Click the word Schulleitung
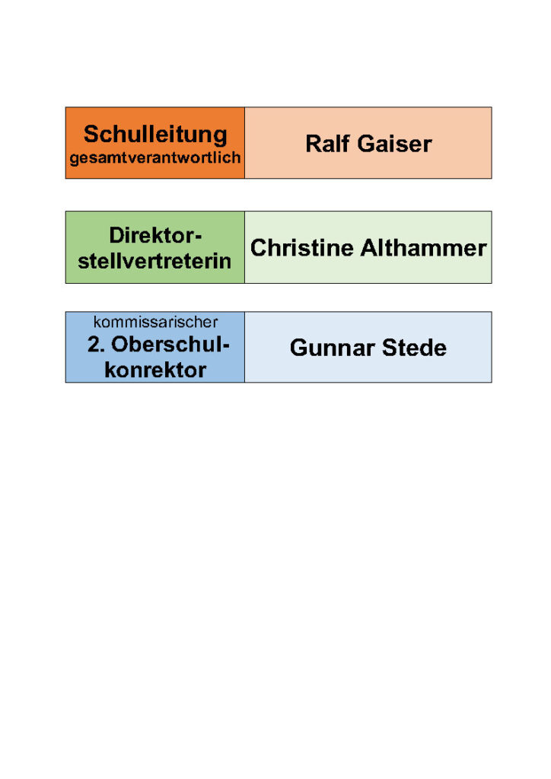[x=155, y=135]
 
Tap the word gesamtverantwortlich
[x=155, y=158]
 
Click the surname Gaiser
[x=394, y=144]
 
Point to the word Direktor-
[x=155, y=236]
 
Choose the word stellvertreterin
[x=154, y=262]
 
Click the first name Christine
[x=302, y=248]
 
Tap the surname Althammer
[x=424, y=248]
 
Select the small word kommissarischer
[x=155, y=322]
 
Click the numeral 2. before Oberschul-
[x=96, y=345]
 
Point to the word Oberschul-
[x=170, y=345]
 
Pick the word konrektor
[x=155, y=370]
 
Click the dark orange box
[x=155, y=142]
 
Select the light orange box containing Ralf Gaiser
[x=368, y=142]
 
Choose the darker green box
[x=155, y=247]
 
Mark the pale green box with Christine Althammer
[x=368, y=247]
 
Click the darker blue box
[x=155, y=347]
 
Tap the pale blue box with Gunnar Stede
[x=368, y=347]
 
